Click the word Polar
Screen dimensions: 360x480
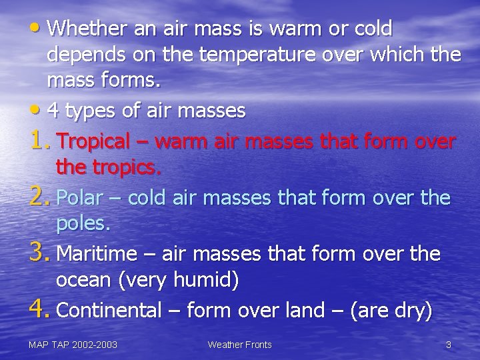(x=78, y=197)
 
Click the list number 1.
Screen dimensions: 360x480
(x=39, y=139)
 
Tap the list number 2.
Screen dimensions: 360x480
(x=39, y=195)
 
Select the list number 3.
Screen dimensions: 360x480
(x=39, y=251)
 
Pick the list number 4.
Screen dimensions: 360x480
(x=39, y=308)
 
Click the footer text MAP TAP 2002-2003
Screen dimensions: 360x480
(x=73, y=345)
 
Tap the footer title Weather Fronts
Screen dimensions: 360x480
(x=239, y=345)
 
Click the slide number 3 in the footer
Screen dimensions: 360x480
(x=449, y=345)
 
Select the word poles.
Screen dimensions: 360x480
(x=83, y=223)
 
